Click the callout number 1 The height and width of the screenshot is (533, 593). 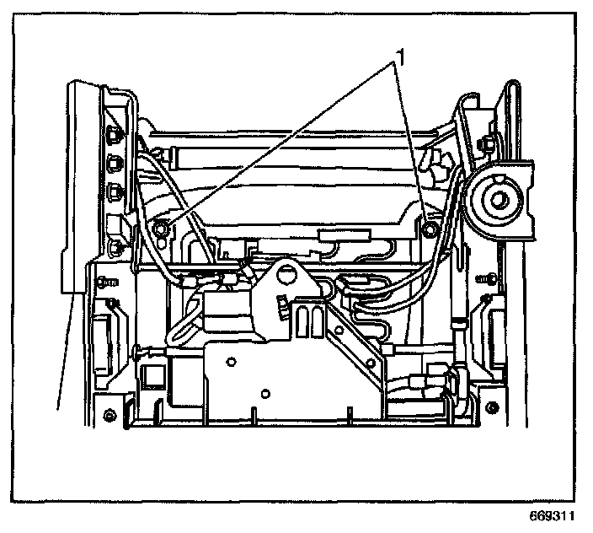point(403,57)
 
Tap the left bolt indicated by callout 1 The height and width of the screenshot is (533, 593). point(162,226)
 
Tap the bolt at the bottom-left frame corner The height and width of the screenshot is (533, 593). point(110,416)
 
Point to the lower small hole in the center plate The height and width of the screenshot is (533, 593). point(264,393)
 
